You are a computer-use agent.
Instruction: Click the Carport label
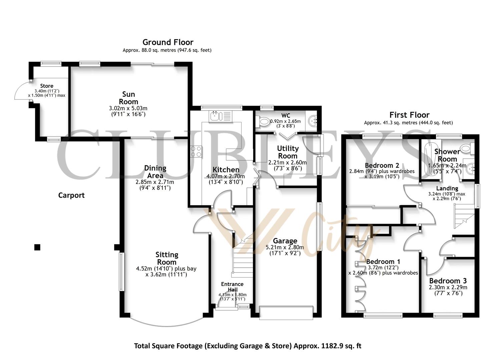point(71,195)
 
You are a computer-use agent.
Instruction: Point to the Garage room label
point(285,241)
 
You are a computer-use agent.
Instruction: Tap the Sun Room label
point(128,98)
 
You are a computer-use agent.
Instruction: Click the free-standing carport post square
point(37,247)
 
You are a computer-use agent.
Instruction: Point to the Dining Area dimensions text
point(155,185)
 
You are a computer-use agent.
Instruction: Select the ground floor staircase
point(241,260)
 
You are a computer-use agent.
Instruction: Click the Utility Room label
point(288,152)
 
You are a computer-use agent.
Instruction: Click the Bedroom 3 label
point(448,281)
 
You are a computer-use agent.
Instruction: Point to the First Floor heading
point(409,115)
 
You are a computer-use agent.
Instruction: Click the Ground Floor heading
point(168,42)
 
